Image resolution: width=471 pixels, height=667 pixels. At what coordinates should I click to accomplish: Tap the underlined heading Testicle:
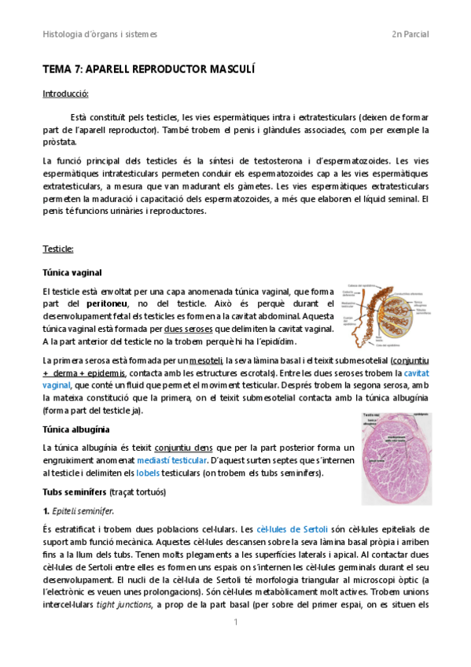(x=57, y=249)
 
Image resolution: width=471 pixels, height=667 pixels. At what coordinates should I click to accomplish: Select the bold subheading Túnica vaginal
(x=72, y=272)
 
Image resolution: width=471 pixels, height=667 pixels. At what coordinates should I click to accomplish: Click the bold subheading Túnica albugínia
(x=75, y=429)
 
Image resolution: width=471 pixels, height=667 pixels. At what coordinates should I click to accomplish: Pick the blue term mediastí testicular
(x=172, y=460)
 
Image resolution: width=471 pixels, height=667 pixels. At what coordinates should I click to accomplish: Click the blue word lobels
(x=147, y=473)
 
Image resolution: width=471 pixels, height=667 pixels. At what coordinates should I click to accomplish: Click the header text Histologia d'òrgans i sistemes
(x=100, y=35)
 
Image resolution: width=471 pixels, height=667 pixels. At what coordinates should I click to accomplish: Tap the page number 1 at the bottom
(x=235, y=622)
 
